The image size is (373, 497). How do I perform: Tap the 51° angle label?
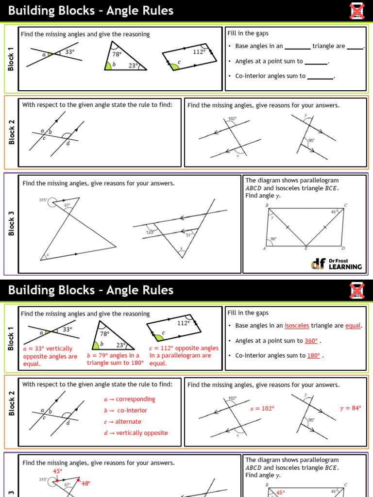190,234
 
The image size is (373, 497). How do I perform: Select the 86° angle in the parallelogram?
273,239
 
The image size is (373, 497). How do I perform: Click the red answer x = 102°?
262,409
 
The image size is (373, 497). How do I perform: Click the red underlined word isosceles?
297,326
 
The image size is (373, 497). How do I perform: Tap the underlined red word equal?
353,326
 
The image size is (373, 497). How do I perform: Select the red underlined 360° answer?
311,341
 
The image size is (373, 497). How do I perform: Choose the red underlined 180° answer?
313,355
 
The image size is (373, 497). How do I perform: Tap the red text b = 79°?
99,355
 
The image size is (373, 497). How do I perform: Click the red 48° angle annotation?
85,483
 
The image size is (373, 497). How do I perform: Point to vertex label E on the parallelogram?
305,248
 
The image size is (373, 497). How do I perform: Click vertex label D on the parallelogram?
343,248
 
